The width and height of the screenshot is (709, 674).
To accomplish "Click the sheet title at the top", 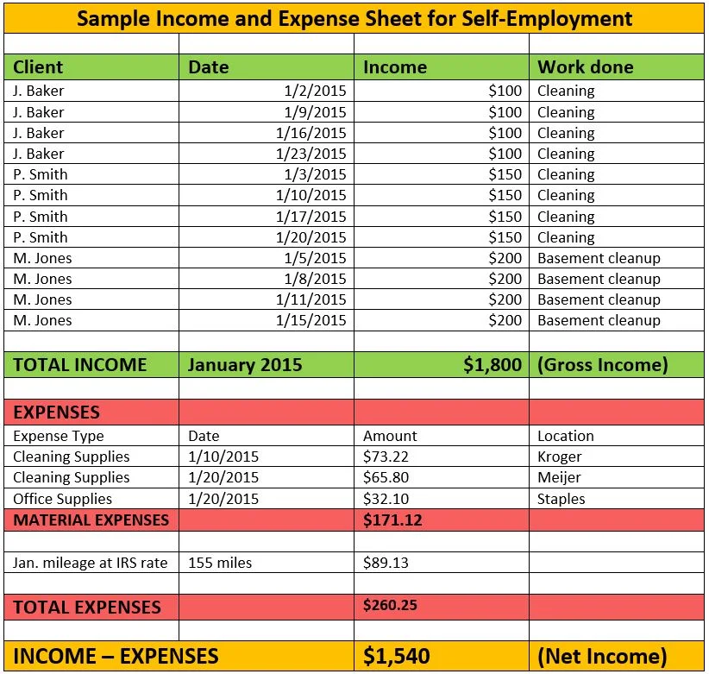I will tap(354, 18).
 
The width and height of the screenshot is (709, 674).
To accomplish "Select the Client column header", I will tap(38, 66).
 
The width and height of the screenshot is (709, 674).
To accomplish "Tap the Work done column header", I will tap(585, 66).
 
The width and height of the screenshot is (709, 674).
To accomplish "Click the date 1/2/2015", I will tap(315, 91).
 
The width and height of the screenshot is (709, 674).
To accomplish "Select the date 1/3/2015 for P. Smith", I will tap(315, 174).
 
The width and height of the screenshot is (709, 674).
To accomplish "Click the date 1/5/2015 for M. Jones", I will tap(315, 258).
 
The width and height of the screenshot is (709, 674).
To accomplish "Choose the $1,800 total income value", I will tap(492, 364).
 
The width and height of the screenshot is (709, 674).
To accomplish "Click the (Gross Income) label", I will tap(602, 364).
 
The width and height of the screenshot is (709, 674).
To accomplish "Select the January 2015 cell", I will tap(245, 364).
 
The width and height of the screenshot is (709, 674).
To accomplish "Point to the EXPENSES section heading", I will tap(56, 412).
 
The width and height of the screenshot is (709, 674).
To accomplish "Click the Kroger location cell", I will tap(559, 457).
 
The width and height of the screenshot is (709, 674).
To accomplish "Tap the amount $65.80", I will tap(386, 477).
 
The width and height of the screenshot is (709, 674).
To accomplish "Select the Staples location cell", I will tap(561, 499).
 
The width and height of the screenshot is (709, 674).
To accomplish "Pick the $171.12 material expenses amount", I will tap(392, 520).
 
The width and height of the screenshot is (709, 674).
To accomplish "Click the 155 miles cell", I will tap(220, 563).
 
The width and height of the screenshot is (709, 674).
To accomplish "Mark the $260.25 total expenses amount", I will tap(390, 605).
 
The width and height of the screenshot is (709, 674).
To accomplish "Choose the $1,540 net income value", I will tap(396, 656).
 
